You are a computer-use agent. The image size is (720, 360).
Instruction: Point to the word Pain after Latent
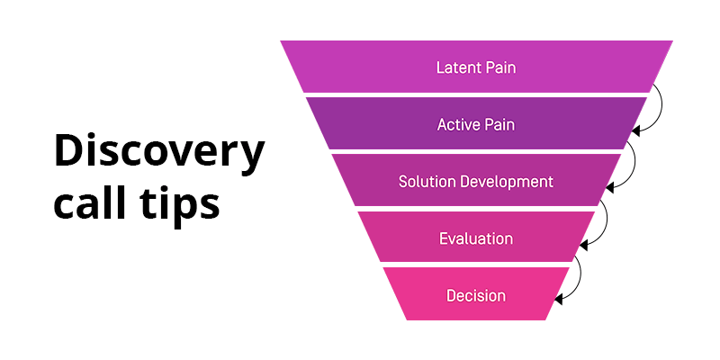pyautogui.click(x=500, y=67)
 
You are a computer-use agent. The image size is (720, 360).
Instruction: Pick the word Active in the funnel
pyautogui.click(x=459, y=124)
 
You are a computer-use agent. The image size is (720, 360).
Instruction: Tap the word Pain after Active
pyautogui.click(x=499, y=124)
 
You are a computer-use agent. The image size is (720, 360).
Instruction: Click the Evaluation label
pyautogui.click(x=476, y=238)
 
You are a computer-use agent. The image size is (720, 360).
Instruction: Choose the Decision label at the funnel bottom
pyautogui.click(x=476, y=295)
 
